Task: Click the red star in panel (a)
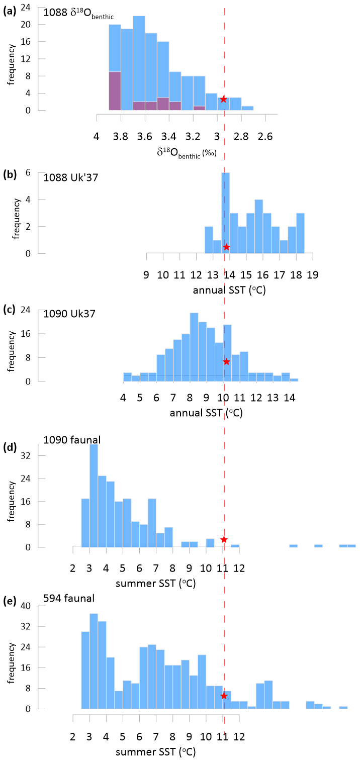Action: point(224,100)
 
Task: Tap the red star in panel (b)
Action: point(226,247)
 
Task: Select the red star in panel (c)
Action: point(226,361)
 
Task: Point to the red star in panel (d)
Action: point(224,539)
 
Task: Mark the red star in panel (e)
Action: point(224,696)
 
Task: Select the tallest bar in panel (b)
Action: point(226,211)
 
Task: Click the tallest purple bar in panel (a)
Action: point(115,90)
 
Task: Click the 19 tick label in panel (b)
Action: point(313,275)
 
